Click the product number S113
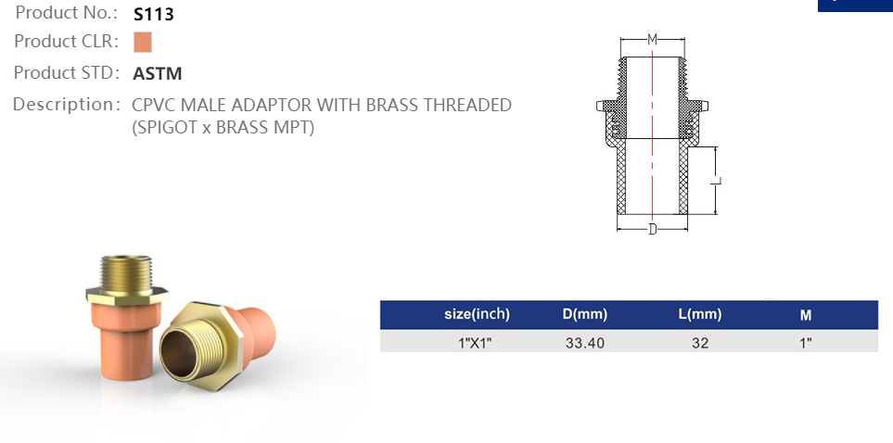pyautogui.click(x=154, y=14)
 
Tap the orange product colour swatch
pyautogui.click(x=142, y=43)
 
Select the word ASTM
pyautogui.click(x=158, y=74)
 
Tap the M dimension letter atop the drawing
pyautogui.click(x=652, y=39)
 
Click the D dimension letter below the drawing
pyautogui.click(x=652, y=229)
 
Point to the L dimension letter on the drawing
pyautogui.click(x=716, y=182)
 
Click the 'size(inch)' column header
pyautogui.click(x=477, y=314)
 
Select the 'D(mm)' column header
pyautogui.click(x=585, y=314)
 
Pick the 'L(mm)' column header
pyautogui.click(x=700, y=314)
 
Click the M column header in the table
pyautogui.click(x=806, y=315)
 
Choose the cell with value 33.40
pyautogui.click(x=585, y=343)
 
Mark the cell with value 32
pyautogui.click(x=700, y=343)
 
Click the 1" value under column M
pyautogui.click(x=806, y=343)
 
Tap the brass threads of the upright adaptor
pyautogui.click(x=123, y=270)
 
